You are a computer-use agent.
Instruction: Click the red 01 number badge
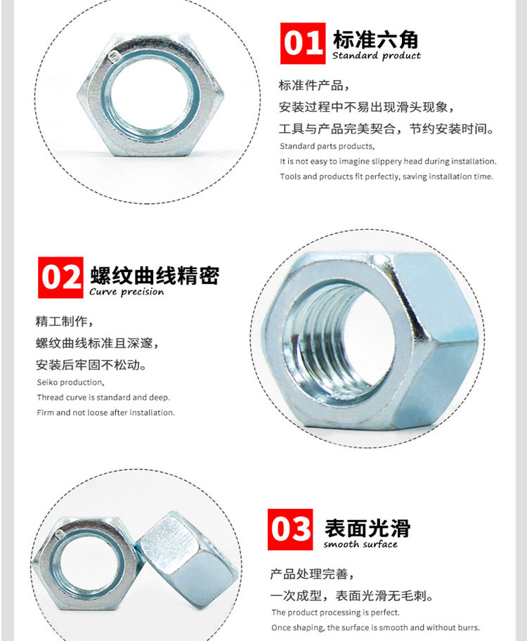pyautogui.click(x=303, y=44)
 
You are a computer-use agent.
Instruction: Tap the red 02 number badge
pyautogui.click(x=61, y=278)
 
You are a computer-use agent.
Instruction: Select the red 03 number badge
pyautogui.click(x=290, y=529)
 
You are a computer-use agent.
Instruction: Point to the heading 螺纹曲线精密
pyautogui.click(x=155, y=274)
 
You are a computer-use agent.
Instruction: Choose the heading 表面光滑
pyautogui.click(x=367, y=528)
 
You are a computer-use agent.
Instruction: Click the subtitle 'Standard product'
pyautogui.click(x=376, y=56)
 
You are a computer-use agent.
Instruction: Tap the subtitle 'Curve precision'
pyautogui.click(x=126, y=292)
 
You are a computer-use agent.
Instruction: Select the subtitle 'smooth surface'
pyautogui.click(x=360, y=545)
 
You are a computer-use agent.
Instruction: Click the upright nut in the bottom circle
pyautogui.click(x=186, y=560)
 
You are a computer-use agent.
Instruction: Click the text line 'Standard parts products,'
pyautogui.click(x=327, y=146)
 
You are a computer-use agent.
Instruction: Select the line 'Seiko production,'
pyautogui.click(x=70, y=382)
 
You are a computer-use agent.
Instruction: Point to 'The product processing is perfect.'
pyautogui.click(x=335, y=613)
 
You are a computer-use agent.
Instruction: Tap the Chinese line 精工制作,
pyautogui.click(x=64, y=322)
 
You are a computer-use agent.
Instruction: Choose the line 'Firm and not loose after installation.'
pyautogui.click(x=105, y=413)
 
